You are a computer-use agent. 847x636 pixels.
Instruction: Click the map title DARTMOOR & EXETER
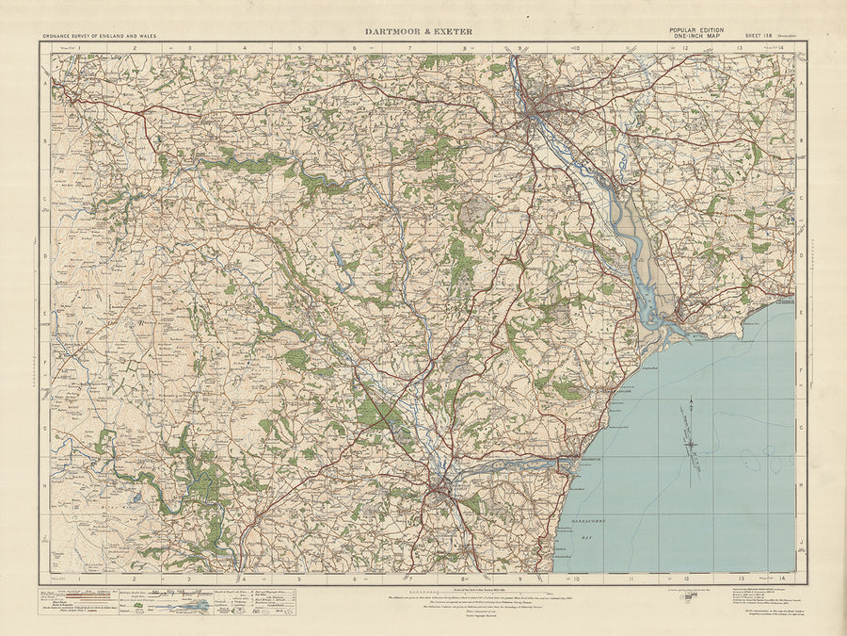(x=419, y=31)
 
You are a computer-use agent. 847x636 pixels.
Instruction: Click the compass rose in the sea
(x=692, y=440)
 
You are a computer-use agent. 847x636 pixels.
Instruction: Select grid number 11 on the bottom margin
(x=631, y=578)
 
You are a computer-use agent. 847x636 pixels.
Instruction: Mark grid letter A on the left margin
(x=44, y=83)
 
